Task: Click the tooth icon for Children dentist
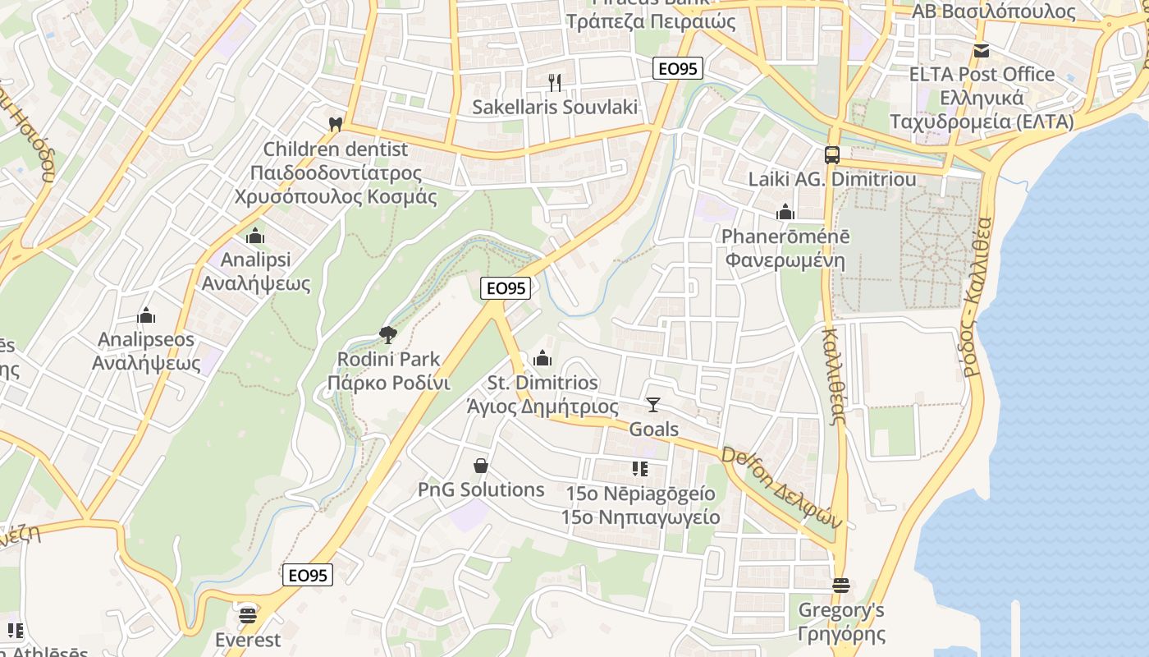334,125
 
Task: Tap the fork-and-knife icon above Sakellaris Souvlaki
555,82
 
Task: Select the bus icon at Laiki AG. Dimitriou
831,154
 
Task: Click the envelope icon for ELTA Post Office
981,51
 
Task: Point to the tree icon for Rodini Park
387,334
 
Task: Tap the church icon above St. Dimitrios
542,358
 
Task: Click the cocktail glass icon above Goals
652,404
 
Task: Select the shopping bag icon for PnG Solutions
481,466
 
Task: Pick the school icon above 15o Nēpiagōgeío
639,469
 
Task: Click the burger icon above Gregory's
840,586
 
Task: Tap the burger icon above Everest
248,614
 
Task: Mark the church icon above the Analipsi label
255,236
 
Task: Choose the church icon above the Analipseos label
146,315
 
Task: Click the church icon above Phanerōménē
785,212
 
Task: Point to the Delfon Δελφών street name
782,488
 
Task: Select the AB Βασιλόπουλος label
993,11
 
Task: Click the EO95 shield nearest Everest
309,575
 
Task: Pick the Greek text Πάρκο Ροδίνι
388,383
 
